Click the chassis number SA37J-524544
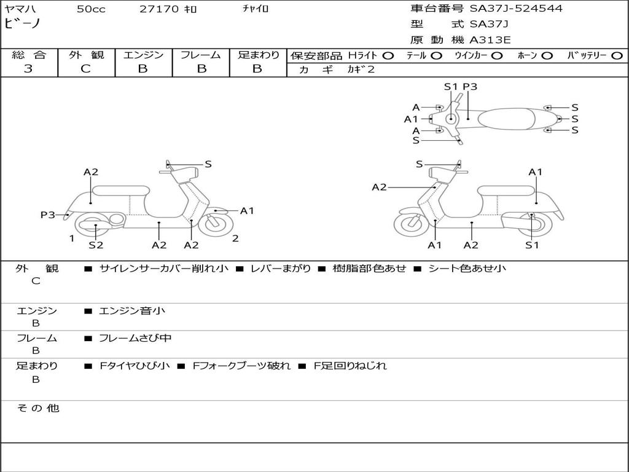point(516,9)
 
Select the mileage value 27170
point(159,9)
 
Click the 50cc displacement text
point(91,9)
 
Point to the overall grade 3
point(28,69)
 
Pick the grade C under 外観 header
point(85,69)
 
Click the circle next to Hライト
point(388,56)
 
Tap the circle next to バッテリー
point(617,56)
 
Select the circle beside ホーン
point(547,56)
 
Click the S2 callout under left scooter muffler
point(96,245)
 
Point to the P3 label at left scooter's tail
point(48,215)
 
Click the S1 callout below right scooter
point(532,245)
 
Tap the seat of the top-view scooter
point(506,119)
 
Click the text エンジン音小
point(132,311)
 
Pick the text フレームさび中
point(135,339)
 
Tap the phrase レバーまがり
point(280,269)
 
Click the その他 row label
point(37,408)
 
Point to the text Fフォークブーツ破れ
point(241,366)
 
